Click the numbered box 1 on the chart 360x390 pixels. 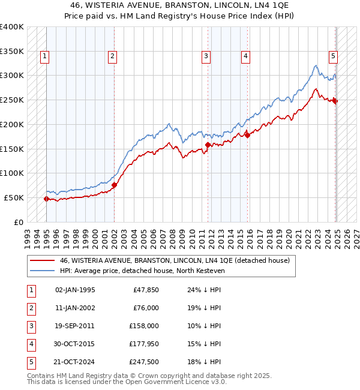tap(46, 56)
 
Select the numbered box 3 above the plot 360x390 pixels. tap(206, 56)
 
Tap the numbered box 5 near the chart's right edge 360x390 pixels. tap(333, 56)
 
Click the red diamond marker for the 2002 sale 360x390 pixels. tap(115, 185)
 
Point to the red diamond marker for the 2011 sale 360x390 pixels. tap(208, 145)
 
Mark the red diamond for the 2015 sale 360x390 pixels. tap(248, 135)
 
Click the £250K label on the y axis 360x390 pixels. tap(12, 100)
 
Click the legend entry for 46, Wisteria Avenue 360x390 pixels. tap(175, 260)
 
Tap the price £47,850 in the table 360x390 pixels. tap(145, 290)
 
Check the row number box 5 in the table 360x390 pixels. tap(29, 362)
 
